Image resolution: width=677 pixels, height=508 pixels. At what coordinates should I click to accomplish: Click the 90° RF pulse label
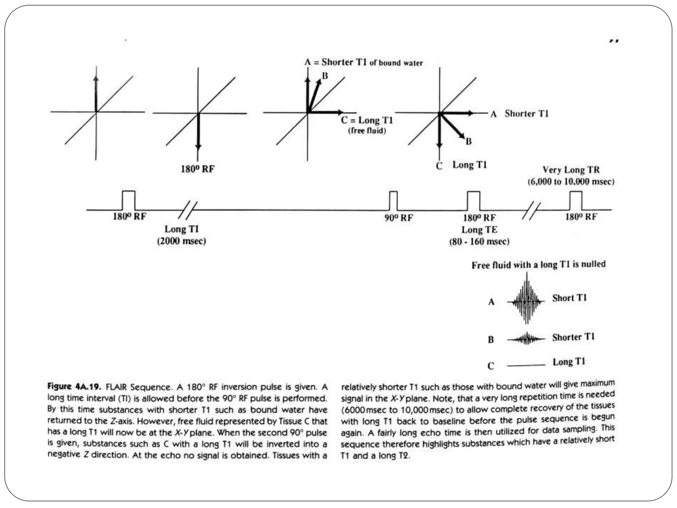point(398,218)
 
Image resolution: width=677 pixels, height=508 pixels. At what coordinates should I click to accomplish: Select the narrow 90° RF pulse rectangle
point(393,201)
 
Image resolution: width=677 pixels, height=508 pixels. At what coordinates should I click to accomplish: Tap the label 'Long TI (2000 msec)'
point(181,235)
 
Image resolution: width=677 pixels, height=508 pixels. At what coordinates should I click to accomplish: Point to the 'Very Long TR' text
point(571,170)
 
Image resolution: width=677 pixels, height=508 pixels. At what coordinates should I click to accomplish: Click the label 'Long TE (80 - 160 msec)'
point(479,235)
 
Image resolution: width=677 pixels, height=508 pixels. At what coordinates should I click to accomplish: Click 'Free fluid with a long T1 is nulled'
point(538,265)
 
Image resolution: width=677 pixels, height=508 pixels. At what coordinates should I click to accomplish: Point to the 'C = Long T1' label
point(367,120)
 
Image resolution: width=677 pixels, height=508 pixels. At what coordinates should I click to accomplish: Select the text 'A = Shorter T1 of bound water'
point(363,63)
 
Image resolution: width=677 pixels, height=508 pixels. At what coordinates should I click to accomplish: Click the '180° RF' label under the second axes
point(197,169)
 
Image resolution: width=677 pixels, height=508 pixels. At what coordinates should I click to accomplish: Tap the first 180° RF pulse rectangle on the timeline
point(129,200)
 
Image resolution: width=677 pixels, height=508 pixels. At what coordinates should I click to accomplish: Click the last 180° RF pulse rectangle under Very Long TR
point(576,200)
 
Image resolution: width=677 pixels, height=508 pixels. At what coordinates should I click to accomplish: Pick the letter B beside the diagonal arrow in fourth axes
point(468,142)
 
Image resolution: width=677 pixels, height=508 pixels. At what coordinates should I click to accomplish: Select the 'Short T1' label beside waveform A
point(569,298)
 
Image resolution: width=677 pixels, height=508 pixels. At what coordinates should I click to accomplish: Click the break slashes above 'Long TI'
point(187,210)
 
